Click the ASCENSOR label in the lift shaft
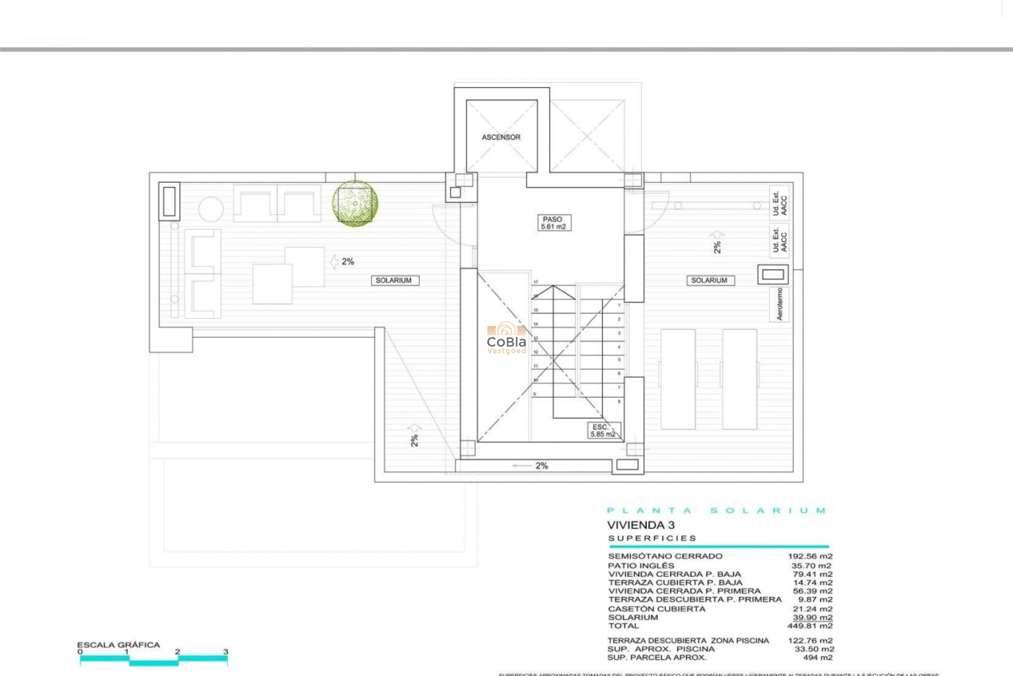click(x=501, y=137)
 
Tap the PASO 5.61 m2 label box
click(x=552, y=222)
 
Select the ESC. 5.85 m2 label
click(x=603, y=430)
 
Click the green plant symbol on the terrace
click(x=355, y=204)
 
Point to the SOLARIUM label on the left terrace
click(x=394, y=280)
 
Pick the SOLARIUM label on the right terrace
click(x=709, y=280)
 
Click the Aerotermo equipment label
click(x=780, y=304)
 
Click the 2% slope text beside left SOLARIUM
click(x=348, y=261)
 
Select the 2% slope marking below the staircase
click(x=541, y=466)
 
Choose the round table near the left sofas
click(x=211, y=209)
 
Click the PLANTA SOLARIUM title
click(x=716, y=511)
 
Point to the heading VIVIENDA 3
click(x=641, y=525)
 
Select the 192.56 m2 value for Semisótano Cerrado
click(x=810, y=556)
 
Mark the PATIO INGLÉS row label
click(x=641, y=565)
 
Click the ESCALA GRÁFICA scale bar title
click(x=118, y=645)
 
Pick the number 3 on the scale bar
click(x=226, y=652)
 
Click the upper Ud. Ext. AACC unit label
click(x=779, y=202)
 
